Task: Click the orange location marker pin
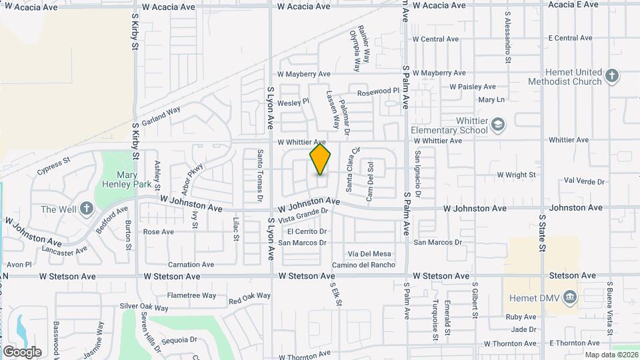tap(320, 159)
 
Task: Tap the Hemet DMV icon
tap(569, 296)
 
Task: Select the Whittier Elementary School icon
tap(497, 125)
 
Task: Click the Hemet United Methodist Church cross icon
tap(613, 76)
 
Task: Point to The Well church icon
tap(86, 209)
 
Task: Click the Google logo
tap(22, 352)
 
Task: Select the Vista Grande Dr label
tap(304, 215)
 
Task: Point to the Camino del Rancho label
tap(364, 265)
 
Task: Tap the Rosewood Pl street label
tap(378, 91)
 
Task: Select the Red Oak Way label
tap(249, 298)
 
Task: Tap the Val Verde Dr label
tap(584, 181)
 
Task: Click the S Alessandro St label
tap(508, 36)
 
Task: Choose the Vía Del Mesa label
tap(369, 253)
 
